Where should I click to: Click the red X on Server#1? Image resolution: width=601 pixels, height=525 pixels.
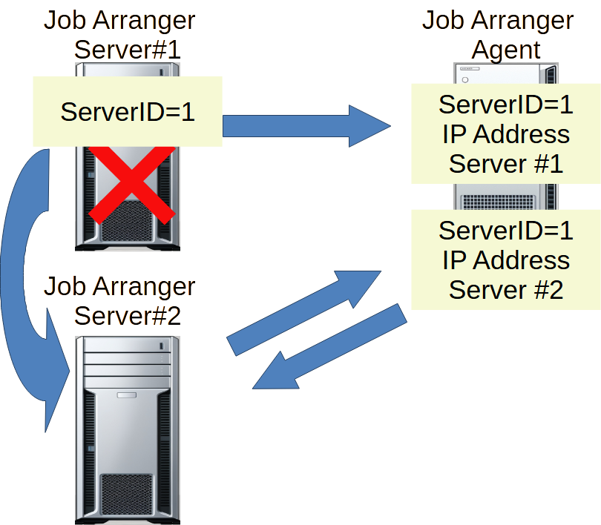pyautogui.click(x=132, y=182)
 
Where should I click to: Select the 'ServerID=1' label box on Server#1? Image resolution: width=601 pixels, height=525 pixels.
pyautogui.click(x=127, y=112)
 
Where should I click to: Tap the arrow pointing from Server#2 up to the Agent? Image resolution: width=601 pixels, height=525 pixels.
pyautogui.click(x=304, y=311)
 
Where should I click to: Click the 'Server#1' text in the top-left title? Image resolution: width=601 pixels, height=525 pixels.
pyautogui.click(x=128, y=50)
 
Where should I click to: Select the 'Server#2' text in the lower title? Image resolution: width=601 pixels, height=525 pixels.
pyautogui.click(x=128, y=315)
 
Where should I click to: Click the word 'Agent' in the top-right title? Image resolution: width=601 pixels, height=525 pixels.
pyautogui.click(x=506, y=50)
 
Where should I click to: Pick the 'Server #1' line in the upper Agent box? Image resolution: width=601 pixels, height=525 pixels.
pyautogui.click(x=506, y=164)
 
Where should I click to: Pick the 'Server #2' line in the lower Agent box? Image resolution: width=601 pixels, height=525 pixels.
pyautogui.click(x=506, y=290)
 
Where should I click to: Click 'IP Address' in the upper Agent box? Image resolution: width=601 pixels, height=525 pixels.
pyautogui.click(x=506, y=135)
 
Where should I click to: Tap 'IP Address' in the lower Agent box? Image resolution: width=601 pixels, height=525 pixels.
pyautogui.click(x=506, y=261)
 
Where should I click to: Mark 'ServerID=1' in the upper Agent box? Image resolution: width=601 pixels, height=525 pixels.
pyautogui.click(x=506, y=105)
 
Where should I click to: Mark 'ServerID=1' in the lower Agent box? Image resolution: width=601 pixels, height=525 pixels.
pyautogui.click(x=506, y=231)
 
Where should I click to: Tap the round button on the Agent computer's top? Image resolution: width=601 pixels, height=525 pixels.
pyautogui.click(x=466, y=79)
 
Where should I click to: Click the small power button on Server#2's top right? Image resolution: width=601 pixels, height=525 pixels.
pyautogui.click(x=161, y=346)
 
